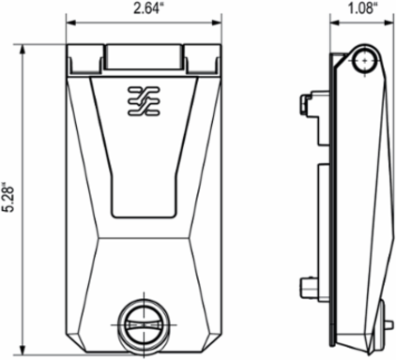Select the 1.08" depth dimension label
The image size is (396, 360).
361,8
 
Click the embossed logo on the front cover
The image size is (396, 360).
144,101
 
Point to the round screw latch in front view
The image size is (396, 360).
144,325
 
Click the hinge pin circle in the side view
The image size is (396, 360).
364,61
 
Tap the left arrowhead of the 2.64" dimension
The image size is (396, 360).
71,22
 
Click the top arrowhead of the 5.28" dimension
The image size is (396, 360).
23,50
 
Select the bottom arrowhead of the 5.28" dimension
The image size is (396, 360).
23,350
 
